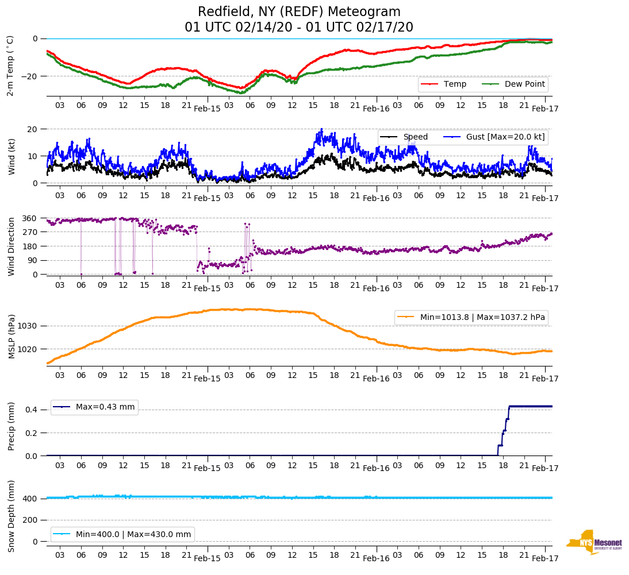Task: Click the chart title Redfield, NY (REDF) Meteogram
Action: click(299, 12)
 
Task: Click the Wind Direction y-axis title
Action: click(11, 246)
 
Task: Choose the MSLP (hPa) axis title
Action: click(11, 336)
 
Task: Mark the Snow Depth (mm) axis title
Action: click(11, 515)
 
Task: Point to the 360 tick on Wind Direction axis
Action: click(30, 218)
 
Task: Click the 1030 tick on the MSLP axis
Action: click(28, 326)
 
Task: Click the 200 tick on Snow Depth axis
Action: click(30, 520)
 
